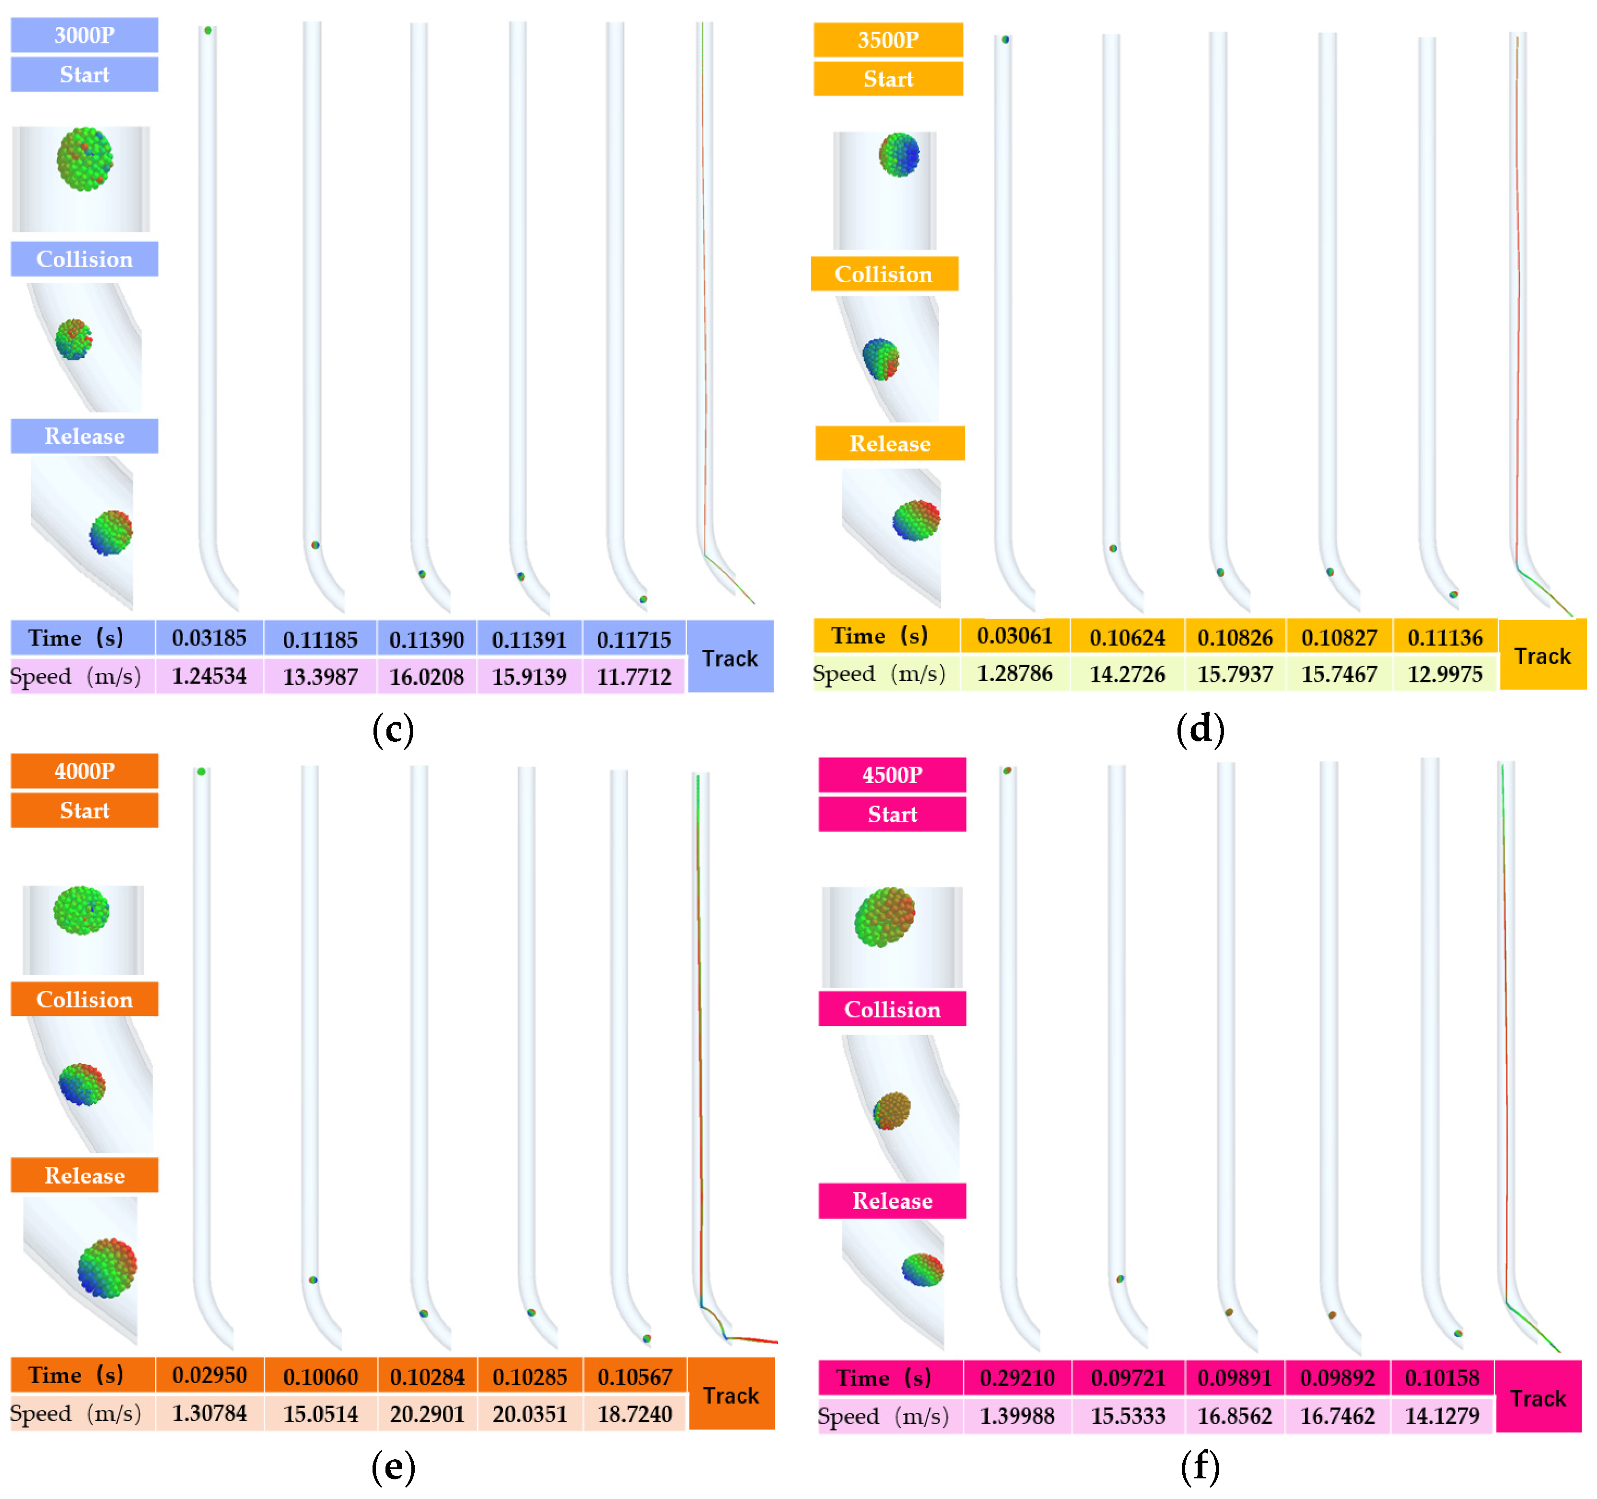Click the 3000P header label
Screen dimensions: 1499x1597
pos(84,35)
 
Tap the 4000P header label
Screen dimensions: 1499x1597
pos(84,771)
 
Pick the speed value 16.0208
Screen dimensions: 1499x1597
pos(427,677)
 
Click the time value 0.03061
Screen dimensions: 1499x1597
pos(1014,636)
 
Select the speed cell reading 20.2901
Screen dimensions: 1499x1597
pos(427,1414)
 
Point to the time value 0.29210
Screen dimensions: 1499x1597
pos(1017,1378)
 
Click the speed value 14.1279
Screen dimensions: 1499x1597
pos(1442,1416)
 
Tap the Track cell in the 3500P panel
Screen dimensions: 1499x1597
pos(1542,656)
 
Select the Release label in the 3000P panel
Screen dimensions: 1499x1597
pos(84,436)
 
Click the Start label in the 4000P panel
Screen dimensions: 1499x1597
pos(84,810)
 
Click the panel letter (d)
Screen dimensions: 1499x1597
pos(1200,729)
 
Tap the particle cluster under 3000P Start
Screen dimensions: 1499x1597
pos(84,159)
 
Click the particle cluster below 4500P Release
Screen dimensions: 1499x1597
pos(922,1270)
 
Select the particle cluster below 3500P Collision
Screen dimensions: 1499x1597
pos(880,359)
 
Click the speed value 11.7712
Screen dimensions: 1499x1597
pos(634,677)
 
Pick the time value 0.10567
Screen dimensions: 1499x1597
pos(635,1377)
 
